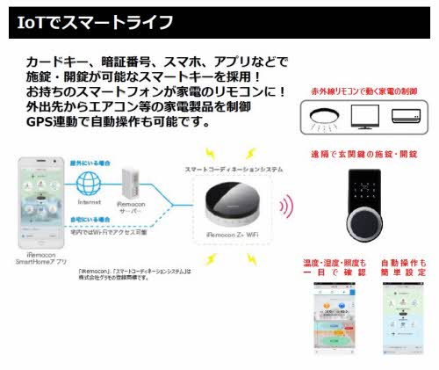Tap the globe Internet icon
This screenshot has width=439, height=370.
click(87, 185)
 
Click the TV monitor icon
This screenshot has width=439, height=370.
click(363, 114)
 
